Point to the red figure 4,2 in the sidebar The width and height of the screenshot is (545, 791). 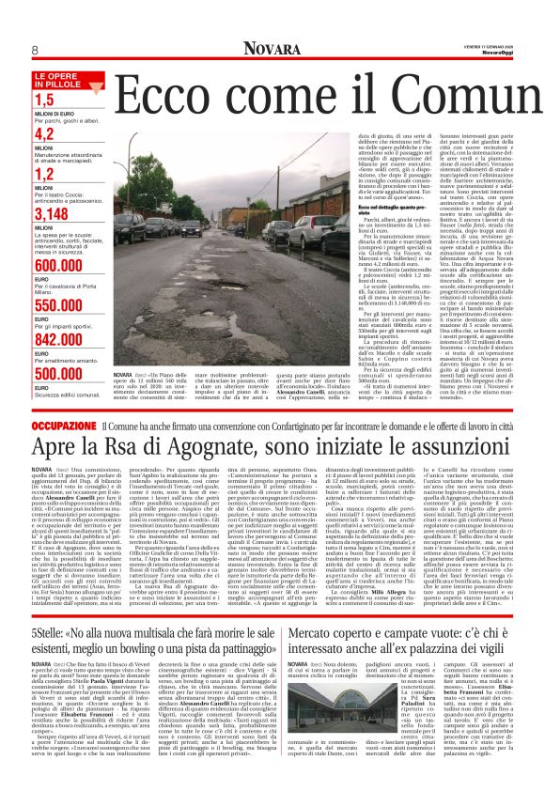(44, 134)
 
